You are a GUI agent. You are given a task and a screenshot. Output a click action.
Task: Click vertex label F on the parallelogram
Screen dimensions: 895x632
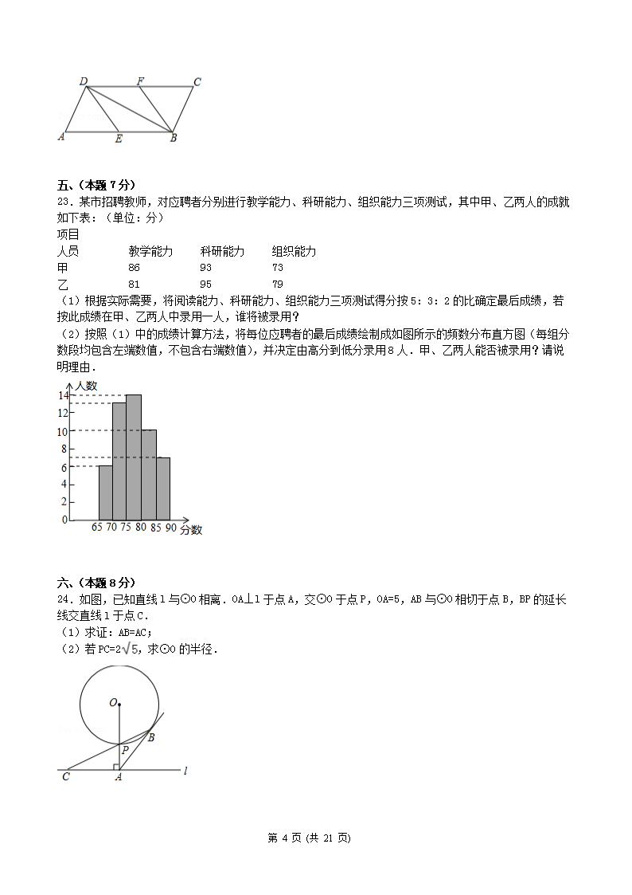click(x=140, y=80)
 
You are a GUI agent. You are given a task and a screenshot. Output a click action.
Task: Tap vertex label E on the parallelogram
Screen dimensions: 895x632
click(x=119, y=139)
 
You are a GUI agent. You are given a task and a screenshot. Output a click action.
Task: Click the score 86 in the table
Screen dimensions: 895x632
click(x=134, y=268)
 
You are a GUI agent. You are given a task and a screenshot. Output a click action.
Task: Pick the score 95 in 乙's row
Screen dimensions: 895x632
click(x=205, y=285)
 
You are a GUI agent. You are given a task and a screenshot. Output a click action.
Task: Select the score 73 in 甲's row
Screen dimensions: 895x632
click(x=278, y=268)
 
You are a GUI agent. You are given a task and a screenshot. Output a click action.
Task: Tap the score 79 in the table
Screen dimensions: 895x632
click(x=278, y=285)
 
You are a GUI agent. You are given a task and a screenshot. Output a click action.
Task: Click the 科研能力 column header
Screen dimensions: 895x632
click(x=222, y=251)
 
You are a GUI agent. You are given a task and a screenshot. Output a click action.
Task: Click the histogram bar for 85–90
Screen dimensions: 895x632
click(x=163, y=489)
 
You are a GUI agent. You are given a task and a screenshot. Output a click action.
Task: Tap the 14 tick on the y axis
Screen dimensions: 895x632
click(x=61, y=395)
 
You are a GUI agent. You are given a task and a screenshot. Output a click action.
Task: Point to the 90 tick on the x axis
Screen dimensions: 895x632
click(x=170, y=528)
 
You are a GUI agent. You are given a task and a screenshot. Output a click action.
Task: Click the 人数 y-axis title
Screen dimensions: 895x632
click(x=85, y=386)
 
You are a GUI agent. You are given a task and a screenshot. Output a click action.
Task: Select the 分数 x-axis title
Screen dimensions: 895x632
click(x=191, y=529)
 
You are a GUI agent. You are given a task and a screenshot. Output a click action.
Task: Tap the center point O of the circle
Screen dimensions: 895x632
click(x=119, y=703)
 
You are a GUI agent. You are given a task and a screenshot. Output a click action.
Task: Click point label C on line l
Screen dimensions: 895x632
click(x=65, y=776)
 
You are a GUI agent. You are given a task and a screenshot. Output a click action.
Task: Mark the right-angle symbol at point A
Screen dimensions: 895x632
click(x=116, y=767)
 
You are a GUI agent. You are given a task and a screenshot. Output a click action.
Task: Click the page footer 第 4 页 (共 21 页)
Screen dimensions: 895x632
click(x=315, y=838)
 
